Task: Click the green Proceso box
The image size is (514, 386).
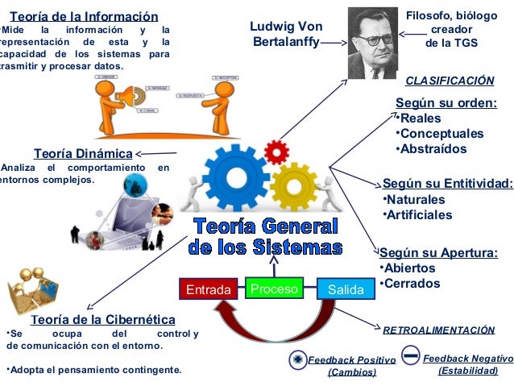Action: click(274, 288)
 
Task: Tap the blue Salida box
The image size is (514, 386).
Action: click(341, 289)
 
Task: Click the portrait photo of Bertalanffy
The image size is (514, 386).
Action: click(372, 42)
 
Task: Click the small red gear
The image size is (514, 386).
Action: click(276, 150)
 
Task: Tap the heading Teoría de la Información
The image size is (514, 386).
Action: click(83, 17)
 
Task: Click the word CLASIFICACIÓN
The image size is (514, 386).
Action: click(449, 81)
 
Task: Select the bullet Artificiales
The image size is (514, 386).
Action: click(419, 215)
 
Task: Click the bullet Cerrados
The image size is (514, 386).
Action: click(412, 284)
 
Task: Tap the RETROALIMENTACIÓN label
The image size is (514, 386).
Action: click(438, 330)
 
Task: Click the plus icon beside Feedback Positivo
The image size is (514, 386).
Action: click(297, 360)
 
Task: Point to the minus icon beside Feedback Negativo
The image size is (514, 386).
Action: click(410, 355)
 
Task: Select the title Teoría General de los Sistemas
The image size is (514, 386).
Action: click(265, 235)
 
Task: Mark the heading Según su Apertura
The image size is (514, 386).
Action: click(438, 253)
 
